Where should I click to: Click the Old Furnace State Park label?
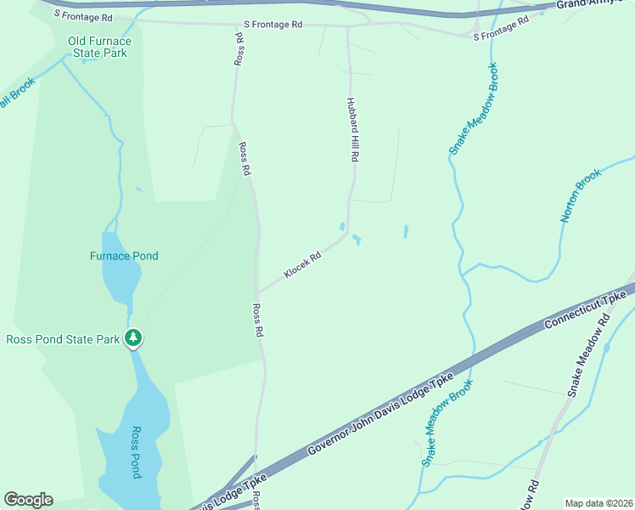[x=99, y=47]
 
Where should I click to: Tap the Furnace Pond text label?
[x=124, y=256]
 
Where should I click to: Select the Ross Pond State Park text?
[x=62, y=339]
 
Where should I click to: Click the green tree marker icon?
[x=132, y=338]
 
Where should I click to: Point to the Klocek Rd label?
[x=302, y=264]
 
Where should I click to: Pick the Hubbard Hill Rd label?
[x=353, y=129]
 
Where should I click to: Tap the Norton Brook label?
[x=581, y=195]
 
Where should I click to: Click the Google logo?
[x=28, y=500]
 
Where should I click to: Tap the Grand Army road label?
[x=594, y=4]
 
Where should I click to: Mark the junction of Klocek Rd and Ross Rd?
[x=257, y=294]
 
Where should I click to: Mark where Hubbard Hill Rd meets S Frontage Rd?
[x=347, y=26]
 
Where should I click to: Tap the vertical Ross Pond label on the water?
[x=135, y=452]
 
